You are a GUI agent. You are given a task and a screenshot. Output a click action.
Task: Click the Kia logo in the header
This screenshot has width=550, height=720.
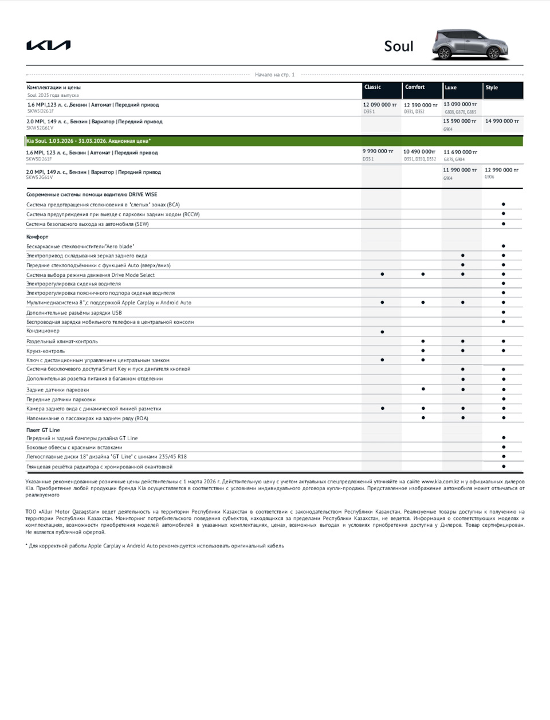49,45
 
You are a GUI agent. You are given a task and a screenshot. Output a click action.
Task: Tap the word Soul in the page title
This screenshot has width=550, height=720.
398,46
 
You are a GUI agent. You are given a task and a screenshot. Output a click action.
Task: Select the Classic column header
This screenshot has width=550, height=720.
372,87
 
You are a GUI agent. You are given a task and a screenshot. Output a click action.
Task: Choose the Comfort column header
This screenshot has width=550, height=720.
415,87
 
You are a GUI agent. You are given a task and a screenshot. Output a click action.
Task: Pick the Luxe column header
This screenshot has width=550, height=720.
451,88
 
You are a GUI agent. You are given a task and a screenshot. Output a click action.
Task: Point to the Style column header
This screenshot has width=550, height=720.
492,88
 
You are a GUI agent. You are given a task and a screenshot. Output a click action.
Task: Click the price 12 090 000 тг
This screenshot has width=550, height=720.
379,105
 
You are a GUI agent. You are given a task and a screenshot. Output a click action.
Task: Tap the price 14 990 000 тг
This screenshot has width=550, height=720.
502,121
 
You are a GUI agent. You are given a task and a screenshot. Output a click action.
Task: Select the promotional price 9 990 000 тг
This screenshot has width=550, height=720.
378,151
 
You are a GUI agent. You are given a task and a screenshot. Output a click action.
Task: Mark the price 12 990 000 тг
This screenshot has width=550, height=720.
501,170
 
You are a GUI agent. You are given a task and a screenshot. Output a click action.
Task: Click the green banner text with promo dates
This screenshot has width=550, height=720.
89,141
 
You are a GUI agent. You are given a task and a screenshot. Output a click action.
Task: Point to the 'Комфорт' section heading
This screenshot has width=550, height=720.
37,237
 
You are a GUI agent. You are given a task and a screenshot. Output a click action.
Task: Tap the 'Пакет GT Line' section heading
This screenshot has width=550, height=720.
43,430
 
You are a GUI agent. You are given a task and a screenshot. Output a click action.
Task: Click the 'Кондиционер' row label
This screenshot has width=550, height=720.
43,331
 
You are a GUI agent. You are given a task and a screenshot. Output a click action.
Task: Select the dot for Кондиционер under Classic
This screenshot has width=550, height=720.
382,332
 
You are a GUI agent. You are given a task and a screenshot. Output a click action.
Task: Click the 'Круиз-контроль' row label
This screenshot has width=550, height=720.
46,351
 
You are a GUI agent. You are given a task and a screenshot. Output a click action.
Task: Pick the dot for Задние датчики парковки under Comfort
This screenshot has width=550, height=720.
423,389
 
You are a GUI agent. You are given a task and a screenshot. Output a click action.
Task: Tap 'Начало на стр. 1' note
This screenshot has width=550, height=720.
275,75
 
